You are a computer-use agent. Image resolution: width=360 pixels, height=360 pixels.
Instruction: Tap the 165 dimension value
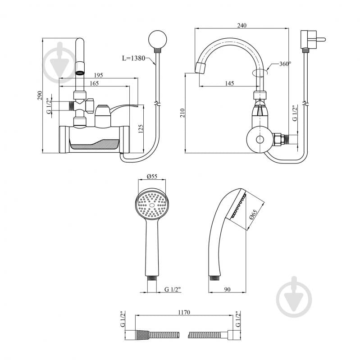point(94,83)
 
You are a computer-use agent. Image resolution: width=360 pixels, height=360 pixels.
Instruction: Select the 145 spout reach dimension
point(229,83)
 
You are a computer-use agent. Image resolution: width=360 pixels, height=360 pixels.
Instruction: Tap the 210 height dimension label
point(182,113)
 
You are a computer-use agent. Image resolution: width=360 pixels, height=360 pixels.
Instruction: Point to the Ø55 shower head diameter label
point(152,177)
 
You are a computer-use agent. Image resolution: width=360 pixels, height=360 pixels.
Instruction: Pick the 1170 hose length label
point(184,312)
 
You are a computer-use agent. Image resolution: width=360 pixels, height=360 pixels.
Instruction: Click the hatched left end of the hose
point(140,335)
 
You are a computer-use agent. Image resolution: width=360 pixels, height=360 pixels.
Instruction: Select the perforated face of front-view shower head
point(151,205)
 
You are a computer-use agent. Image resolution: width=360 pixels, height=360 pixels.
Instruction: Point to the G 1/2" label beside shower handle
point(173,289)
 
